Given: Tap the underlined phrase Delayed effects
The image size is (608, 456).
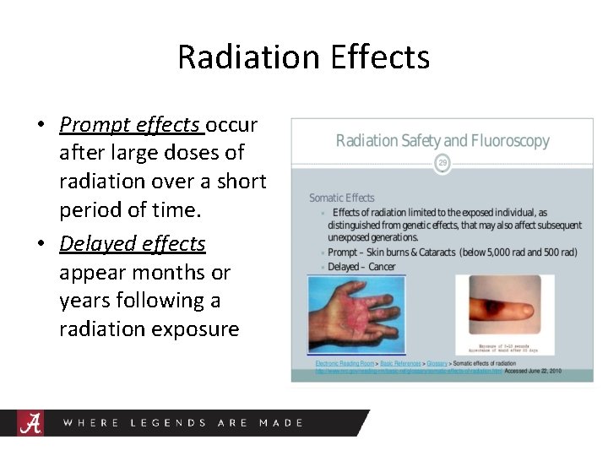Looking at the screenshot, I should (133, 244).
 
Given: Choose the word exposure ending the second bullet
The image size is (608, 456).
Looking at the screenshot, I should (194, 329).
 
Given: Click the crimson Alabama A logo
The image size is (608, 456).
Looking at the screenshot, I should (31, 422).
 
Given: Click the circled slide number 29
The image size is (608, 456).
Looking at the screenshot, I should (441, 162).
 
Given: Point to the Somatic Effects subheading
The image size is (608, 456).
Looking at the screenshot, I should (341, 198).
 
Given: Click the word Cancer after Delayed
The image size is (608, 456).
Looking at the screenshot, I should (381, 267).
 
